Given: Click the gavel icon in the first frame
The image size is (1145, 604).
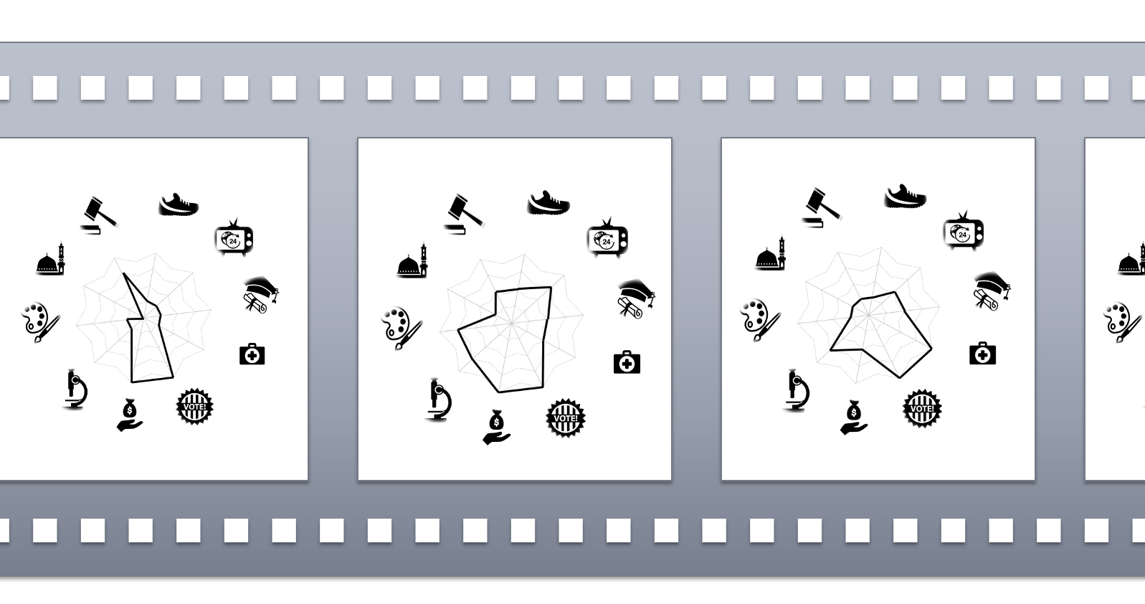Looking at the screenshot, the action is point(99,215).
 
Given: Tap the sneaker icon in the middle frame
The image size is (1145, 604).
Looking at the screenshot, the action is point(548,203).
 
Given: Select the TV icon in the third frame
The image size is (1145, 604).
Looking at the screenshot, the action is point(964,232).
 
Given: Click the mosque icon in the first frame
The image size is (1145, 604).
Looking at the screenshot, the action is point(51,259).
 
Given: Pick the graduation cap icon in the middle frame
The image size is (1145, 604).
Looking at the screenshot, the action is point(637,298).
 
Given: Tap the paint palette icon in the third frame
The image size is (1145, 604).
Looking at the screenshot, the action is point(759,320).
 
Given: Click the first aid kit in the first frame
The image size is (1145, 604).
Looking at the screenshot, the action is point(252,354).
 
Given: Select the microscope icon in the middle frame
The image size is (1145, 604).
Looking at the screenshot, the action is point(439,400).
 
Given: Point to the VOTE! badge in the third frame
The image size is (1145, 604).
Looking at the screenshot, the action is point(922,409).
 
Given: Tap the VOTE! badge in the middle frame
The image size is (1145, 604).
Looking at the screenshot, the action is point(566,417).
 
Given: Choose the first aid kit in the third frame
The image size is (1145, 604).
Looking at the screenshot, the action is point(982,354).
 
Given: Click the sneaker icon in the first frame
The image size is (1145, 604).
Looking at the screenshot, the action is point(179,204).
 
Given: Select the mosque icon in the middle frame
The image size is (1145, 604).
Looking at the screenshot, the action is point(412,261).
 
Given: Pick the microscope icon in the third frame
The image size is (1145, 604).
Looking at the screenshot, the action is point(797,390).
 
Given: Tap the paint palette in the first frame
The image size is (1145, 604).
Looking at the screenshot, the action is point(40,322).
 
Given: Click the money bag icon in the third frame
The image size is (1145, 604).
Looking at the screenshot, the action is point(854,417).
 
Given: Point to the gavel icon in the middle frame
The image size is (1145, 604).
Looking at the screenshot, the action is point(464,214).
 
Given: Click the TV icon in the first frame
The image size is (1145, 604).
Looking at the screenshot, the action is point(234,237).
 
